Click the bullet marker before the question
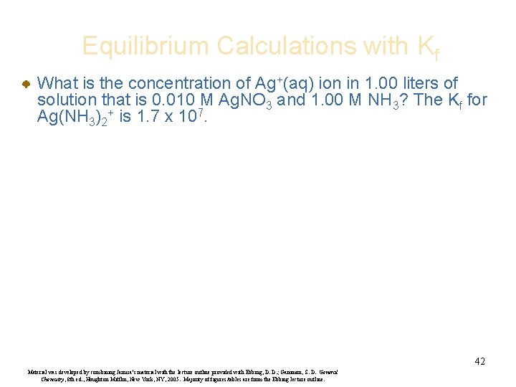click(24, 85)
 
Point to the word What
click(59, 84)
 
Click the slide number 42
click(479, 361)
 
